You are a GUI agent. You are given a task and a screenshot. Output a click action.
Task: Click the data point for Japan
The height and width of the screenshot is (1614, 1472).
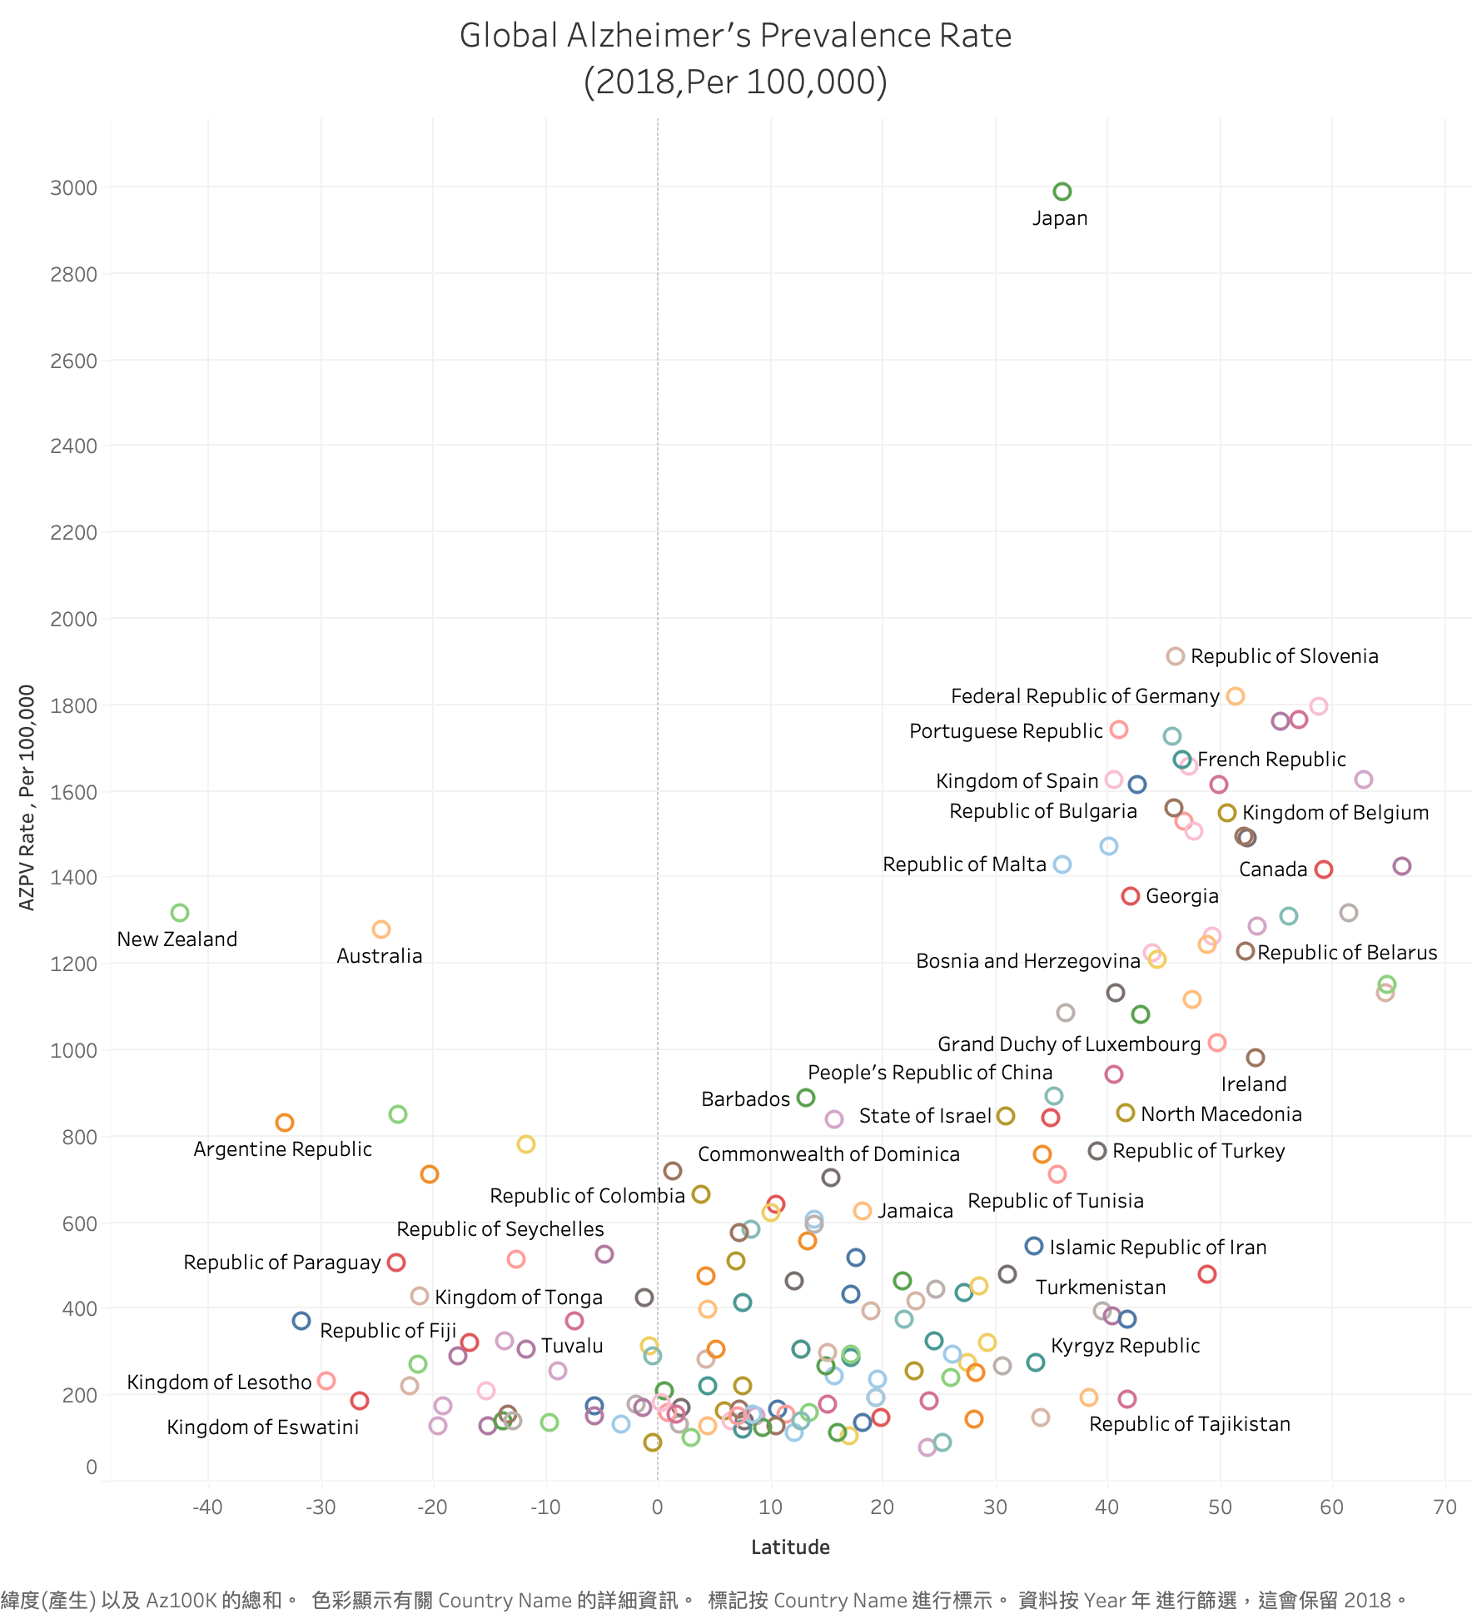[x=1062, y=192]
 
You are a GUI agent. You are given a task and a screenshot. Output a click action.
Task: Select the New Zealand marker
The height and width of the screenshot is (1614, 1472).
[x=180, y=913]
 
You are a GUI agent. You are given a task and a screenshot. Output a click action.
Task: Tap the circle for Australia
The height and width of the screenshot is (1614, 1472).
[x=381, y=929]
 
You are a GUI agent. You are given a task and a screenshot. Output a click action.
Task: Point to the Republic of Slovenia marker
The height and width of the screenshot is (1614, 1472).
[x=1175, y=656]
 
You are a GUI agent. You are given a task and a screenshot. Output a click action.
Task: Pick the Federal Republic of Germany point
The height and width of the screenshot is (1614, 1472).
[x=1236, y=696]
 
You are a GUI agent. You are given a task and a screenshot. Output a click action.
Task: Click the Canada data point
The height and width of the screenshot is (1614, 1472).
[x=1324, y=869]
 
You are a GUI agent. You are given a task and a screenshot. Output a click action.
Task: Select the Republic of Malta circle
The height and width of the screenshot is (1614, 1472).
[x=1062, y=864]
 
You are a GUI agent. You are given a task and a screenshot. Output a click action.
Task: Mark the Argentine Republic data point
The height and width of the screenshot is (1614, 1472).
[x=285, y=1123]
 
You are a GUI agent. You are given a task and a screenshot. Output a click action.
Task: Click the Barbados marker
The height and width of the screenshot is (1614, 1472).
[x=805, y=1098]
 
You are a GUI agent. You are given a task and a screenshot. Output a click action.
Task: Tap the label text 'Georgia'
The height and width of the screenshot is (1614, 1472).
[x=1181, y=896]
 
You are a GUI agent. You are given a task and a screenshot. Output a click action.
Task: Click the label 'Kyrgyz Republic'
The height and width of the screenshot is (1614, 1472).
[x=1125, y=1346]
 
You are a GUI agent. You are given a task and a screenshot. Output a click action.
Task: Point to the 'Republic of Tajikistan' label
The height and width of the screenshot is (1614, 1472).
[x=1189, y=1424]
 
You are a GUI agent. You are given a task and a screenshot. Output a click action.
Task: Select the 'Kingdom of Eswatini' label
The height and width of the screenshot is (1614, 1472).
[x=262, y=1427]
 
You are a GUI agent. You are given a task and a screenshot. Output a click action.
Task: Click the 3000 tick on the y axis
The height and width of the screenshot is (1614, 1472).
[x=73, y=187]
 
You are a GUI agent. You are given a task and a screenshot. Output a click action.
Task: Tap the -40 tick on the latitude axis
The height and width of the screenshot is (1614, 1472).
[x=207, y=1507]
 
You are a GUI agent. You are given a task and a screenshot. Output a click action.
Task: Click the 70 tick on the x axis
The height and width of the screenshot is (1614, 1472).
[x=1445, y=1507]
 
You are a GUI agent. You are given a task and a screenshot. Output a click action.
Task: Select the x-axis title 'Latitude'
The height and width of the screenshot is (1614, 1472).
[x=790, y=1547]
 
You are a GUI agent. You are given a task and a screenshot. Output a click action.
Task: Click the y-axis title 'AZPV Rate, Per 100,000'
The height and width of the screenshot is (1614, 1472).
[x=27, y=797]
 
